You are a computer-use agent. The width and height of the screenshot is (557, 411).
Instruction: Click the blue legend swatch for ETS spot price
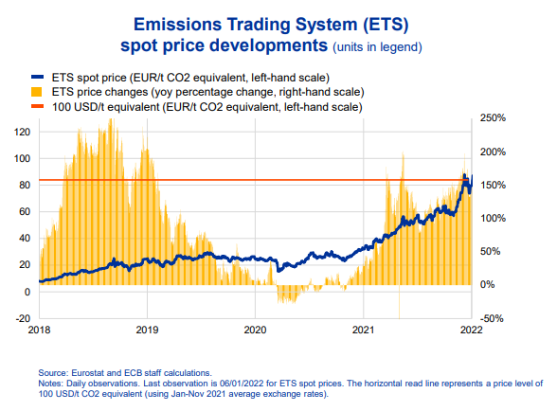coord(37,77)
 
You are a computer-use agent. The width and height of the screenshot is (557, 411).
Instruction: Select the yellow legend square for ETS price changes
coord(37,92)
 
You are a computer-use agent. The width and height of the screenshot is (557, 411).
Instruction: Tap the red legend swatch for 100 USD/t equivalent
coord(37,106)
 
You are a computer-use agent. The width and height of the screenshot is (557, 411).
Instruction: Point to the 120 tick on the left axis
coord(22,133)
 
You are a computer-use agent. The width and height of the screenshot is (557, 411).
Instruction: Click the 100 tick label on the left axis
coord(22,158)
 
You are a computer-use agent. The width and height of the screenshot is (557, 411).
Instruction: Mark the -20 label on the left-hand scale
coord(23,318)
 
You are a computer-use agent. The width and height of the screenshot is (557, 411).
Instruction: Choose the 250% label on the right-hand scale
coord(493,118)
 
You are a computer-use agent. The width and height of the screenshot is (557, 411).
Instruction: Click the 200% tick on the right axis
coord(493,152)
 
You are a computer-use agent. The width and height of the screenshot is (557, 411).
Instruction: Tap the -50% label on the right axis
coord(492,318)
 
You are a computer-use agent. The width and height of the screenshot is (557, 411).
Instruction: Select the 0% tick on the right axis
coord(487,284)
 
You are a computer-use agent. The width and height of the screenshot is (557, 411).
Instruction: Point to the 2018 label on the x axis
coord(39,330)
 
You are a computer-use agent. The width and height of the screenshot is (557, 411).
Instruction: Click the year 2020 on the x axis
coord(255,330)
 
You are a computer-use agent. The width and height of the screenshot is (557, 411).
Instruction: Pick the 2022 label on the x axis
coord(472,330)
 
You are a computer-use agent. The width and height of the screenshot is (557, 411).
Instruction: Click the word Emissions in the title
coord(176,25)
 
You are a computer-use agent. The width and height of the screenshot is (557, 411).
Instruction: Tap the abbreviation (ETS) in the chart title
coord(386,25)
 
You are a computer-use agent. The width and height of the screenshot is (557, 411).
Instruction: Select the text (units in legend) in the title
coord(377,47)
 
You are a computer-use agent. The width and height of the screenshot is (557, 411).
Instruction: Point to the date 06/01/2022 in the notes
coord(242,384)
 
